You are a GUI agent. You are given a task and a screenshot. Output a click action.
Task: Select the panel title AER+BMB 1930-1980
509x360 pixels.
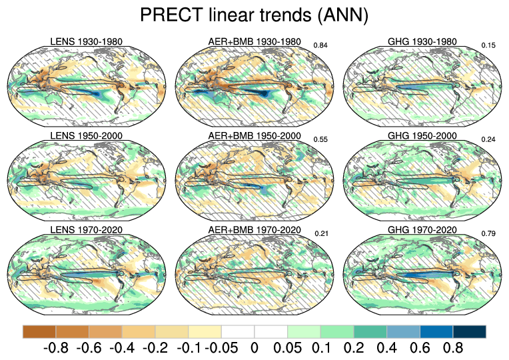[254, 42]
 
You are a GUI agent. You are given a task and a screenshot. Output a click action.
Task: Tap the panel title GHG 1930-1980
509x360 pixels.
[422, 42]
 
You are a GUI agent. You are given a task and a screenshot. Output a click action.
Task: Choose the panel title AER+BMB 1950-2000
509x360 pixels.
[254, 136]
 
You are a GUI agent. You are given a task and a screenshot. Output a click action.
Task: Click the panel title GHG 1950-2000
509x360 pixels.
[422, 136]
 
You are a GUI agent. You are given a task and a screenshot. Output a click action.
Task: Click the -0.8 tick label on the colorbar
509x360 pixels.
[56, 348]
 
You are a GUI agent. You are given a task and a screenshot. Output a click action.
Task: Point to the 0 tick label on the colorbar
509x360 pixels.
[254, 348]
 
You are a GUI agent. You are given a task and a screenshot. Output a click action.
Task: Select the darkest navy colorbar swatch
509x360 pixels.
[469, 331]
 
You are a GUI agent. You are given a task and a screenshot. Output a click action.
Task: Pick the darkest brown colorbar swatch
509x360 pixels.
[39, 331]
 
